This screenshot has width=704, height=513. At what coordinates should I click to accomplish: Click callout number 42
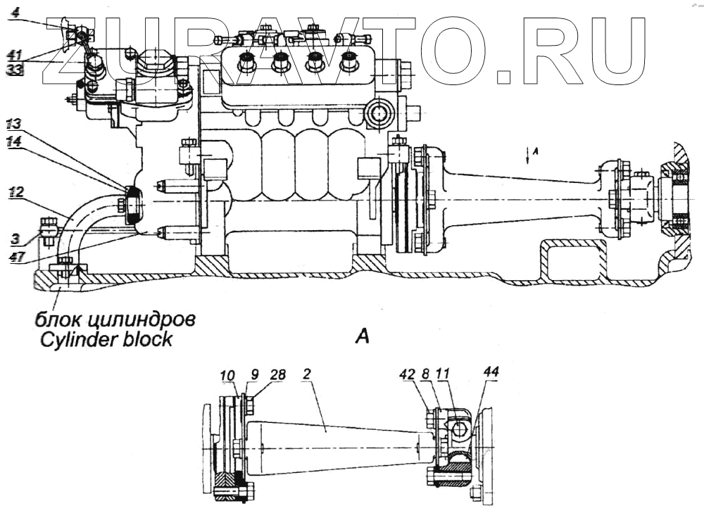tap(425, 376)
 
